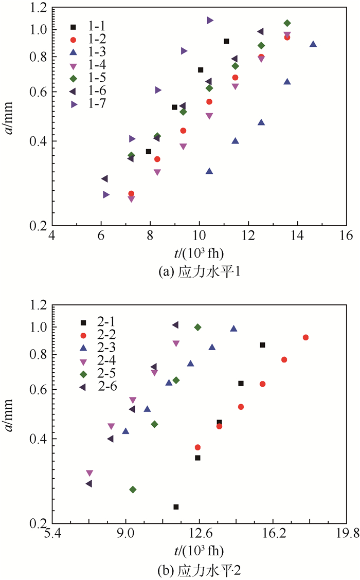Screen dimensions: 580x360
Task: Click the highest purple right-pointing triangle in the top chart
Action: (210, 20)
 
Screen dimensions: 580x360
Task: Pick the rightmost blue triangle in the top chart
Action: (313, 44)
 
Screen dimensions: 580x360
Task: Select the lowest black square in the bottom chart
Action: (176, 507)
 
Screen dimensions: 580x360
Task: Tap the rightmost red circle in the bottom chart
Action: (305, 337)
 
